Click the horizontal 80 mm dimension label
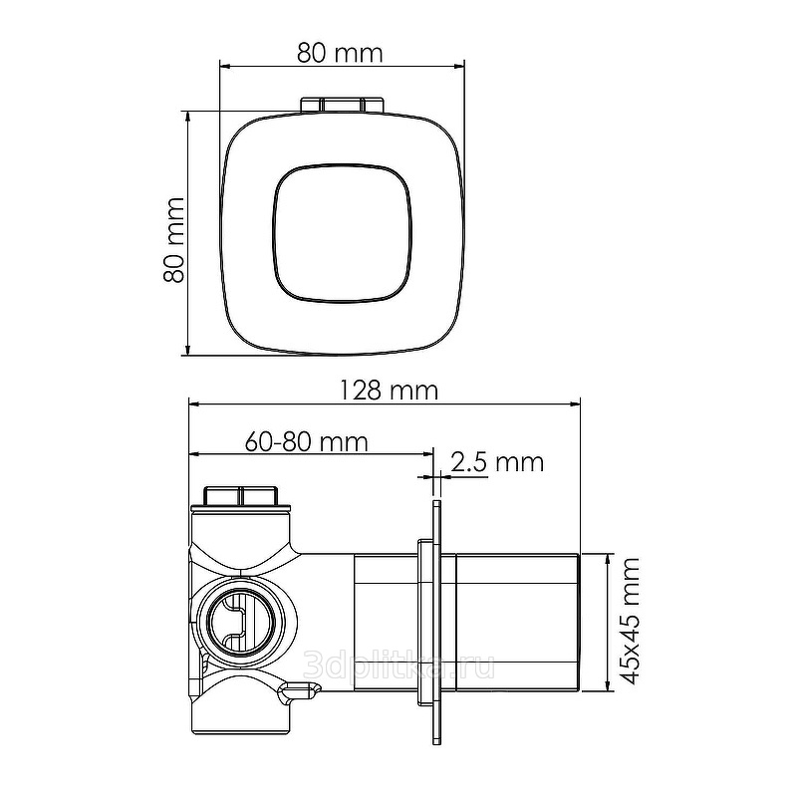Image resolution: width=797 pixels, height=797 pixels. click(340, 54)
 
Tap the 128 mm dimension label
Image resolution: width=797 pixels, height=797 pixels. click(388, 391)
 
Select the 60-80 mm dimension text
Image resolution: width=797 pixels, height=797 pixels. click(306, 441)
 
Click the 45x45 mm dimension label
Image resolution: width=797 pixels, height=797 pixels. click(629, 621)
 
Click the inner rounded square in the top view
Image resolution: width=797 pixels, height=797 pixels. click(342, 233)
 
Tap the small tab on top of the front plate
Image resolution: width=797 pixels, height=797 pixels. click(342, 105)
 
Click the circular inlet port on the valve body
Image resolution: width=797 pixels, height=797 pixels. click(242, 621)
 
